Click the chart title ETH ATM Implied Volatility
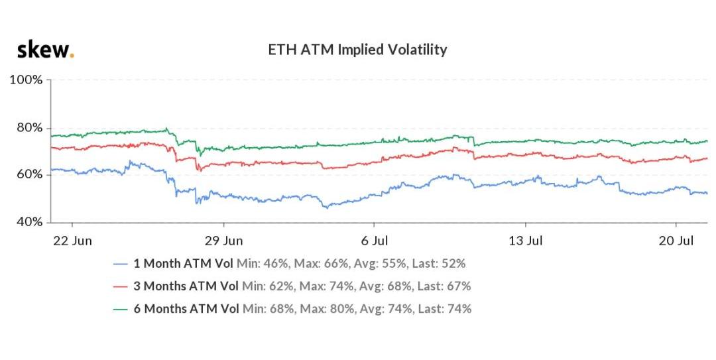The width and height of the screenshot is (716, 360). tap(357, 49)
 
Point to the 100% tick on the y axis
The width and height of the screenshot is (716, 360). tap(26, 80)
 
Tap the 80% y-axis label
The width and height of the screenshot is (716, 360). tap(29, 127)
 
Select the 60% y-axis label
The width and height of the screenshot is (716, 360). tap(29, 174)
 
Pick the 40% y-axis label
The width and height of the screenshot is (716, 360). tap(29, 222)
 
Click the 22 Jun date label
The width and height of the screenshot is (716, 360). tap(72, 240)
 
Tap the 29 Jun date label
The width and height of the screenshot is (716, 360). tap(224, 240)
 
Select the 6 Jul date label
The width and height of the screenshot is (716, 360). tap(375, 240)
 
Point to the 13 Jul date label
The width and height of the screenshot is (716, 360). tap(526, 240)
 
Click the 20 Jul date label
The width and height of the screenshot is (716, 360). tap(676, 240)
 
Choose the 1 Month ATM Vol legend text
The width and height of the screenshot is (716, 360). tap(183, 264)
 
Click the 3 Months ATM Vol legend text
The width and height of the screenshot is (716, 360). tap(186, 286)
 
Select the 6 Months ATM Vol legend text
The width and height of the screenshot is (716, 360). tap(186, 309)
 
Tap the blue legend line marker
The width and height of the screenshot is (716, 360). tap(120, 264)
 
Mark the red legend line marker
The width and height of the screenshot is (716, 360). tap(120, 287)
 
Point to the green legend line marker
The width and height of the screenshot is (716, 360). tap(120, 310)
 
